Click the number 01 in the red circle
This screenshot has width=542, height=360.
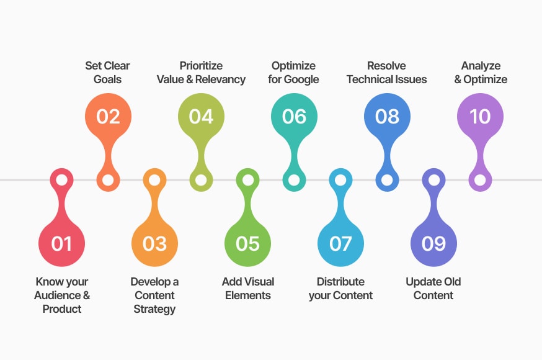[x=61, y=243]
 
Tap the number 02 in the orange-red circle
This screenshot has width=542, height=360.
[x=108, y=116]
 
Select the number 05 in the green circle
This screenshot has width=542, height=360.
[x=247, y=243]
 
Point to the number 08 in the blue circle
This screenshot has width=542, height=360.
[x=387, y=116]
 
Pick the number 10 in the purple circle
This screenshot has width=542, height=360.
[x=480, y=116]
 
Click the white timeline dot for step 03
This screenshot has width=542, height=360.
[x=154, y=180]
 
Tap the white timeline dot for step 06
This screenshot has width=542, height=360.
[x=294, y=180]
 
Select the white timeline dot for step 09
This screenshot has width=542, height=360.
[x=434, y=180]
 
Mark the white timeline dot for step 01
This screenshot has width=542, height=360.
[x=61, y=180]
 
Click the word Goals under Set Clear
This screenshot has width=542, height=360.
[x=107, y=79]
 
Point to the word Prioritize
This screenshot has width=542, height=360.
[x=201, y=66]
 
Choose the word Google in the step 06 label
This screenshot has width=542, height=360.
[x=301, y=79]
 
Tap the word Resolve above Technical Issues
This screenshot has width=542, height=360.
[x=386, y=66]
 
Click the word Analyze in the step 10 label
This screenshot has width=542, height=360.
[x=481, y=66]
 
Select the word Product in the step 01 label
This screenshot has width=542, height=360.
[x=62, y=309]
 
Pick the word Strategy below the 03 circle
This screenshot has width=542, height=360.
[x=154, y=309]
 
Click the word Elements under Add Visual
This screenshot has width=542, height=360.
[x=248, y=295]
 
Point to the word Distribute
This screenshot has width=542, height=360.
[x=340, y=282]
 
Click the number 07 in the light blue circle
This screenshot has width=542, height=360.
[x=340, y=243]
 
